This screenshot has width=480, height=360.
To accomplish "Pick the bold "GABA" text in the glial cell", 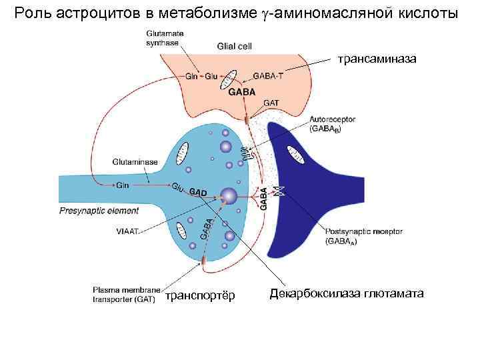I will click(241, 92).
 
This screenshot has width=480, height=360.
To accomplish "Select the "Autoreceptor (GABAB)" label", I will click(331, 124).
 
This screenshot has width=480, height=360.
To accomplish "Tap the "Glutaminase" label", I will click(135, 161).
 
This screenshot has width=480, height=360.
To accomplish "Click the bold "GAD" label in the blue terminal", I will click(199, 193).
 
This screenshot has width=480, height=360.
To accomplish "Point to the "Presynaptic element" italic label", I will click(99, 211).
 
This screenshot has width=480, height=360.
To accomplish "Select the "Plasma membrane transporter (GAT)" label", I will click(126, 295).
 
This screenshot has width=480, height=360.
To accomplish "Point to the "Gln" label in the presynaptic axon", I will click(123, 185).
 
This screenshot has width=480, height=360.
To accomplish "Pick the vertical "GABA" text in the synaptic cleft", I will click(263, 199).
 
